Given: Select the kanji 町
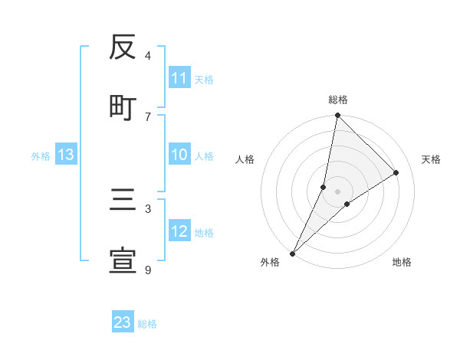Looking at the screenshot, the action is [123, 107].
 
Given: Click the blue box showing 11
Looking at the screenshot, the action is [179, 78].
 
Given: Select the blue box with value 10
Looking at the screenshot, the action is [179, 155].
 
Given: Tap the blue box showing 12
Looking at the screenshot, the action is [179, 232].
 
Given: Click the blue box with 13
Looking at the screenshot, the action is [66, 155].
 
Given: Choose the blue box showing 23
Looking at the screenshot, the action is [123, 322].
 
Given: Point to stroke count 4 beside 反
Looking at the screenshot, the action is [148, 55].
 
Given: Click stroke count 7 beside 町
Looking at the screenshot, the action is [148, 116].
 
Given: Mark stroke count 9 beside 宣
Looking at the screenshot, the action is [148, 270].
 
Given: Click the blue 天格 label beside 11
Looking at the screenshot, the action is [204, 79].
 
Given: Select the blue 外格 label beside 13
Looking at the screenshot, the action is [41, 156].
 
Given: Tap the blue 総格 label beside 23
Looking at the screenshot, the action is [147, 323].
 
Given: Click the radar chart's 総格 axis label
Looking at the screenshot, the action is [337, 100].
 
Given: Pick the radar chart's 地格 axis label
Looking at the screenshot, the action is [402, 262].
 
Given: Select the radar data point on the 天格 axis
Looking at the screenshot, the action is [396, 172].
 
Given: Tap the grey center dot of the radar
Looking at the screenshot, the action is [337, 191].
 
